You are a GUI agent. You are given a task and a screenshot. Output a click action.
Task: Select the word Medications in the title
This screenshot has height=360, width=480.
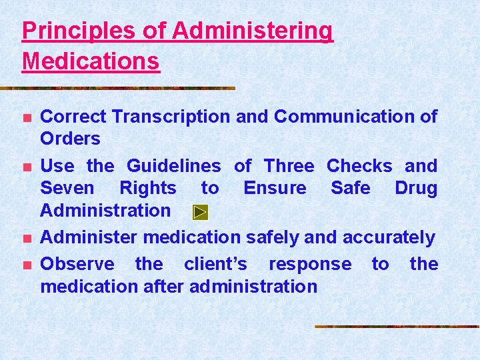[x=91, y=61]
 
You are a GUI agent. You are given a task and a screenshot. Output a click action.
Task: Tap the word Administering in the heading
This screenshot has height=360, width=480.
[x=252, y=31]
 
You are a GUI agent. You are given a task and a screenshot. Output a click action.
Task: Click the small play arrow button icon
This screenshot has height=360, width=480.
[x=201, y=212]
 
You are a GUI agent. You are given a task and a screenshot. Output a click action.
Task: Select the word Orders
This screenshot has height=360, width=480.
[x=70, y=139]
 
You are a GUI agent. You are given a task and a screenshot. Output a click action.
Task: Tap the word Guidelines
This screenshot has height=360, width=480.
[x=173, y=165]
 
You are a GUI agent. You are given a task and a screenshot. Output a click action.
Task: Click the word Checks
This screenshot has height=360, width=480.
[x=359, y=165]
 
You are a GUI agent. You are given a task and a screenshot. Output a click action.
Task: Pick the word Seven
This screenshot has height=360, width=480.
[x=67, y=188]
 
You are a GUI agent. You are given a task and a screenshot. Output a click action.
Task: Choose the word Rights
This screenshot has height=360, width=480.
[x=148, y=188]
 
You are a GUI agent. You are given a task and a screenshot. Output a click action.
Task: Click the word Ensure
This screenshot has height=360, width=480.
[x=275, y=188]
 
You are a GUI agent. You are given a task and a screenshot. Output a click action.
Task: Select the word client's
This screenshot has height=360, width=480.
[x=215, y=264]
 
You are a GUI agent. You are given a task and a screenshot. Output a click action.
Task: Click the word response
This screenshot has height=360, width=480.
[x=310, y=264]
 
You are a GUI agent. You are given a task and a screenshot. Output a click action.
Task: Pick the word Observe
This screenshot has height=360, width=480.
[x=77, y=264]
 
